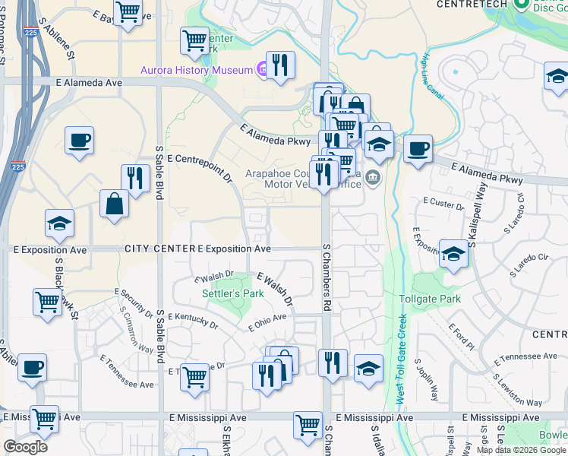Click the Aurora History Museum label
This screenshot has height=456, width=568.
pos(196,71)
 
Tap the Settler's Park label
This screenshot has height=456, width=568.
pos(222,293)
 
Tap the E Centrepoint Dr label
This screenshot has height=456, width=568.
pos(200,168)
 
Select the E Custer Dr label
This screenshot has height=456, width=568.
pos(446,205)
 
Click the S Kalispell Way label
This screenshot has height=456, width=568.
pos(472,220)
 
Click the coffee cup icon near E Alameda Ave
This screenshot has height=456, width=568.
pos(79,141)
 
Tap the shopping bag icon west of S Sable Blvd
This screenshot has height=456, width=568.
pos(113,204)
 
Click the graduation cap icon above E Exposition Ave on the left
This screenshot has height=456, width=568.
pos(59,223)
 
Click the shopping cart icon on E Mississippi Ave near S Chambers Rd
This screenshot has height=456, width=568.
pos(308,425)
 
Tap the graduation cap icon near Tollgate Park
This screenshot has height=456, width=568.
pos(453,254)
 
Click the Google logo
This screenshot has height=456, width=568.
pos(25,447)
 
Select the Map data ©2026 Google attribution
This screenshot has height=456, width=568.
pos(521,450)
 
